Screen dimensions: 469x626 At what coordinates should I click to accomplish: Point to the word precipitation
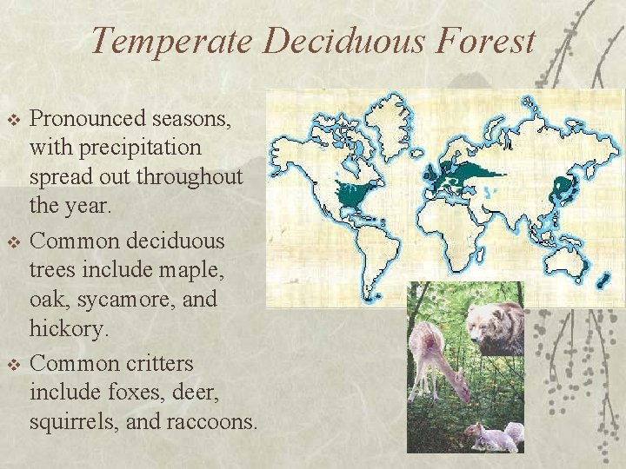click(x=116, y=149)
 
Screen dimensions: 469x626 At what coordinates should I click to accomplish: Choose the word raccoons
click(x=213, y=422)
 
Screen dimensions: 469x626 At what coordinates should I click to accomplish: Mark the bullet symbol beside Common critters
click(x=12, y=363)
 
